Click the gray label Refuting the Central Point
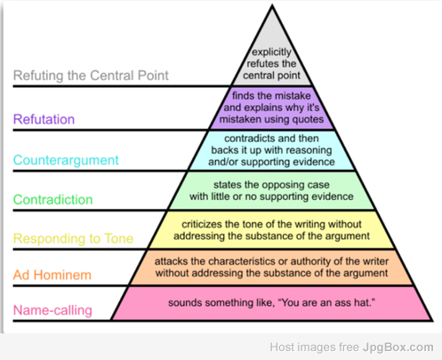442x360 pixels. point(91,76)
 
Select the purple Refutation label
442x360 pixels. point(44,119)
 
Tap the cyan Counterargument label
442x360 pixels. point(66,160)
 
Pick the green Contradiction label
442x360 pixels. point(53,200)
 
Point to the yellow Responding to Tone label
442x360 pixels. point(73,239)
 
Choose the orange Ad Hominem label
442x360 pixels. point(52,275)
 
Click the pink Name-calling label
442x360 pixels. point(52,310)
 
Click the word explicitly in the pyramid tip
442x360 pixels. point(271,52)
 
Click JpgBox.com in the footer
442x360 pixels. point(398,348)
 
